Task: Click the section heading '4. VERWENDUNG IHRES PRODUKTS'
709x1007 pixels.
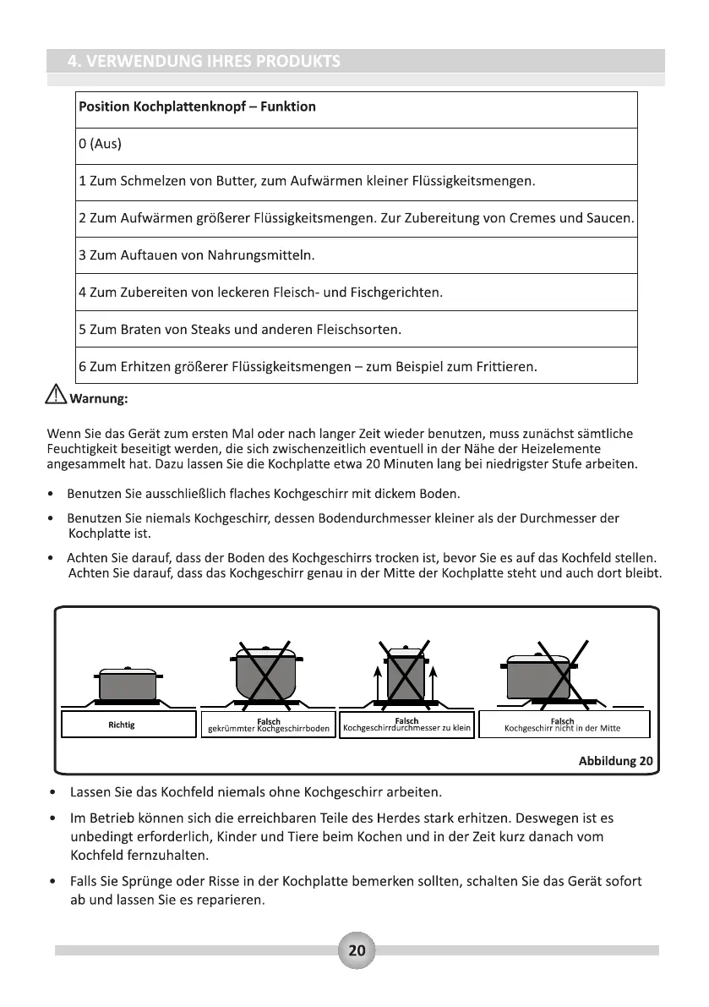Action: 204,61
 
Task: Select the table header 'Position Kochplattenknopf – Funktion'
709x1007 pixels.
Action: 197,107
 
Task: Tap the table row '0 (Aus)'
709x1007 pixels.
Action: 100,144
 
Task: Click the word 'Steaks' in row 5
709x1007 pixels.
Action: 228,329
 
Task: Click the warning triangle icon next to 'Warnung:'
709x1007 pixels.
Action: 57,394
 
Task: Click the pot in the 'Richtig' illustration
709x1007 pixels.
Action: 128,683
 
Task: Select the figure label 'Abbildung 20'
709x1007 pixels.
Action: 615,760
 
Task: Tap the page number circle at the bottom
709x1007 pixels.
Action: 357,950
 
